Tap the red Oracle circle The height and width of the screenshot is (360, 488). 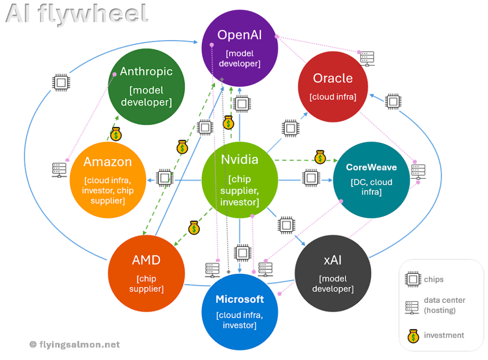(x=333, y=86)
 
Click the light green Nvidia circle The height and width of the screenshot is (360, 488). (x=240, y=180)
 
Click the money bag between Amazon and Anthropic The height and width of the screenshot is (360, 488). (x=116, y=134)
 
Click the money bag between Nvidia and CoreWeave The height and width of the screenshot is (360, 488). (x=320, y=156)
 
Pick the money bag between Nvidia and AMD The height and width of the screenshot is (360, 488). (x=193, y=227)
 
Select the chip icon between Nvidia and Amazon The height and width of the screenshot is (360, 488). (x=164, y=176)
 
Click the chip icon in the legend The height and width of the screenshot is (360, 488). (x=412, y=279)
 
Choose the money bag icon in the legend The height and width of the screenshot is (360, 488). (x=412, y=335)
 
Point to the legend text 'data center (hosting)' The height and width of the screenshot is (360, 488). (x=445, y=305)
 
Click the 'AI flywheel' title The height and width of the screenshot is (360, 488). (x=76, y=14)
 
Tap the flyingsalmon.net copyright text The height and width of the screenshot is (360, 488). (x=74, y=344)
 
